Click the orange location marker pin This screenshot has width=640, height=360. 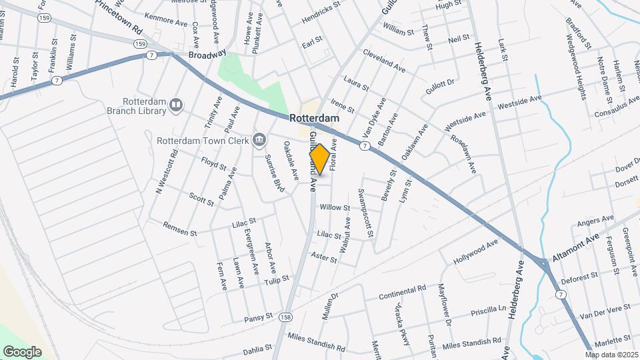pyautogui.click(x=319, y=159)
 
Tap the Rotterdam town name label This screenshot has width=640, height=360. pyautogui.click(x=315, y=118)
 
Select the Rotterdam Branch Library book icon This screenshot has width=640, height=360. pyautogui.click(x=176, y=104)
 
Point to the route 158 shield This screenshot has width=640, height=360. pyautogui.click(x=286, y=317)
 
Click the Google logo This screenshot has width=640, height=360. pyautogui.click(x=22, y=351)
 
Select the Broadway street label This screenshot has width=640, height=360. pyautogui.click(x=207, y=55)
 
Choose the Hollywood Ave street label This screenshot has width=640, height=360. pyautogui.click(x=476, y=251)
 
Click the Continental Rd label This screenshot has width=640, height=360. pyautogui.click(x=402, y=293)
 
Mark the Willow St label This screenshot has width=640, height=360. pyautogui.click(x=335, y=208)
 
